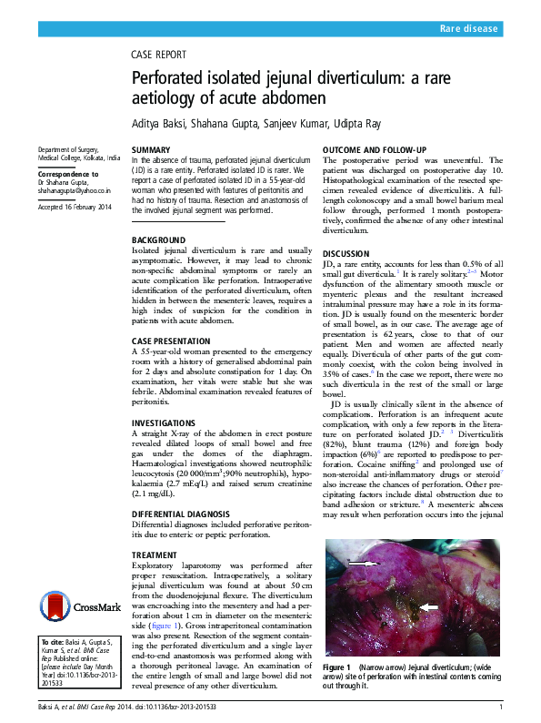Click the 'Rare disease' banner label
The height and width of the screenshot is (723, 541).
469,29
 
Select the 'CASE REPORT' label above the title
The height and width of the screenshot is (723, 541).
159,55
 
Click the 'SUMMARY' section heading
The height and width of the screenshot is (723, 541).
151,148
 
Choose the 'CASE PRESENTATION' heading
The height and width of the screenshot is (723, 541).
175,341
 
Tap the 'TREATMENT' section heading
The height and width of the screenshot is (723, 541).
155,555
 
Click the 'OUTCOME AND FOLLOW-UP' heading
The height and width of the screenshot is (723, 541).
375,148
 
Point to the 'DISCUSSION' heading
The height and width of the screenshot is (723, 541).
346,254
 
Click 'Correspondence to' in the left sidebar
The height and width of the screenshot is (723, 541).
68,173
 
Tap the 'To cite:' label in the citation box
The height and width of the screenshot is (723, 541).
53,642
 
